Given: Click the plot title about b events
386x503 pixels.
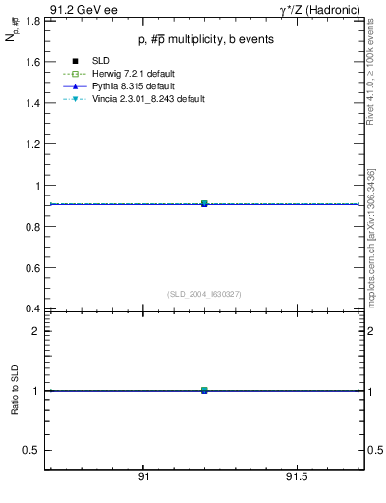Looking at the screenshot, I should [205, 39].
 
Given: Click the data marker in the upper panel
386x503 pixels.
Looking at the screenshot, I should [204, 203].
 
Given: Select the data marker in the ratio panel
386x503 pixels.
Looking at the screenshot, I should [204, 390].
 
